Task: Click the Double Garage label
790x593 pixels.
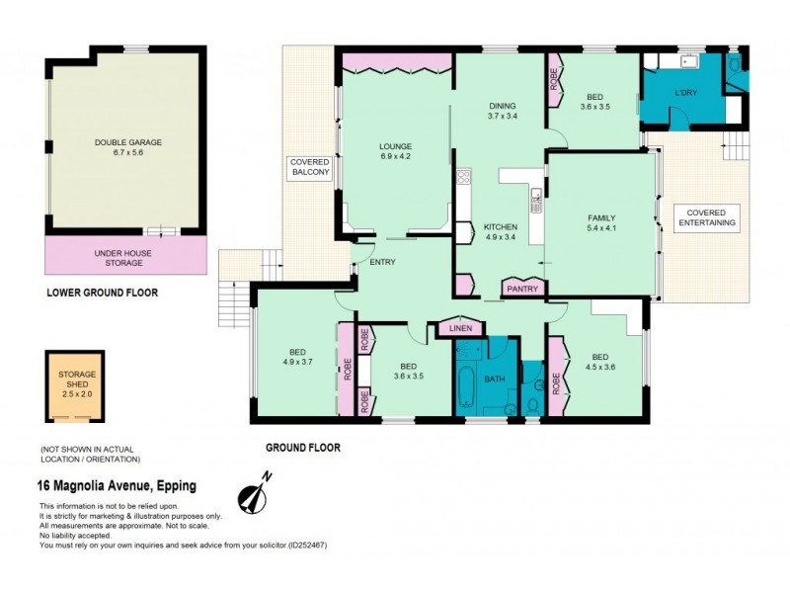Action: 128,147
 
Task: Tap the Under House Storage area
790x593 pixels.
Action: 127,258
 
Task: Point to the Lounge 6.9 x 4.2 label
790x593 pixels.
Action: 395,151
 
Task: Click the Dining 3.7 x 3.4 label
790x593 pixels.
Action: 503,111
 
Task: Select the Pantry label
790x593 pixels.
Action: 521,289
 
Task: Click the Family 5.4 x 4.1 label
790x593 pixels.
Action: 600,223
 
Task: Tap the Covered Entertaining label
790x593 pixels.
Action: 706,217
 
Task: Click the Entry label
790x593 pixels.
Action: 383,262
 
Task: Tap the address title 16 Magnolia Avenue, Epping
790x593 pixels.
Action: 116,485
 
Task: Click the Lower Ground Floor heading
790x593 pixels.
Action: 102,293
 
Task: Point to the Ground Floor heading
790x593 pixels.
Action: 302,448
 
